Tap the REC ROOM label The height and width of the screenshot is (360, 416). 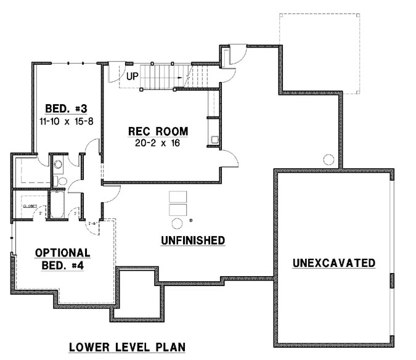158,131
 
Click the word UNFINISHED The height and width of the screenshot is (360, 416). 193,240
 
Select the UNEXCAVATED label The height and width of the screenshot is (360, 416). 333,263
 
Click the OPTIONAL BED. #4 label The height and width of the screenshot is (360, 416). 63,258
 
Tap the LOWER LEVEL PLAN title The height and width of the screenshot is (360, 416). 126,346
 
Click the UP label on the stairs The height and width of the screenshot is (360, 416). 133,77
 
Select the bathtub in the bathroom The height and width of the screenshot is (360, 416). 58,206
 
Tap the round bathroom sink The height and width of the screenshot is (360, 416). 58,165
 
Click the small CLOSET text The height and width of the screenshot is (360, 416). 29,206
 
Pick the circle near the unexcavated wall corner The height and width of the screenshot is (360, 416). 328,160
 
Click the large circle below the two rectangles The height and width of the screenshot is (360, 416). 177,223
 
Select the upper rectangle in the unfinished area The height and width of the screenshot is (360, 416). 177,196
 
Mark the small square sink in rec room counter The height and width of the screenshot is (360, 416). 214,139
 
